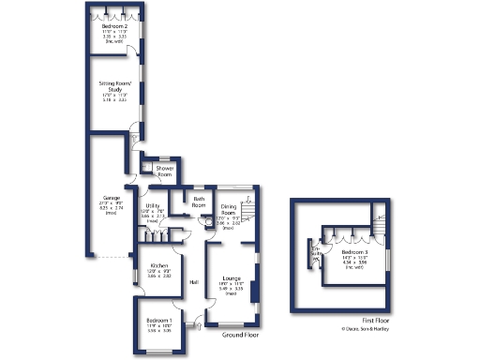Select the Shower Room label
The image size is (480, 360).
click(165, 172)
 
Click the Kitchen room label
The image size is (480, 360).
click(158, 266)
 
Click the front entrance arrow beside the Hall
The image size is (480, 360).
click(196, 326)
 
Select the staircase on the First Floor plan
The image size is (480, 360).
click(380, 226)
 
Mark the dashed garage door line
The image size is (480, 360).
click(113, 257)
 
